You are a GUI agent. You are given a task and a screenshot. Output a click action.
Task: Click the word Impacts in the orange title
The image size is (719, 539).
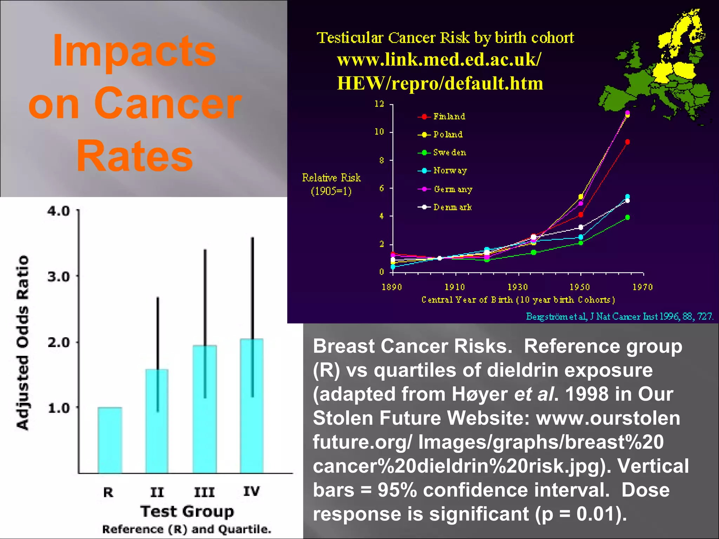click(134, 51)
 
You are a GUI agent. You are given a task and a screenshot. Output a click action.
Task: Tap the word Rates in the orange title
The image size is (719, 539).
click(134, 156)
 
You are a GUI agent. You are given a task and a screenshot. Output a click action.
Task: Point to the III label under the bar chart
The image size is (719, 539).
click(204, 492)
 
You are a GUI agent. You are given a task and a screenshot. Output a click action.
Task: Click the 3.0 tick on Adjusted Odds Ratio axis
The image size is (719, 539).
click(59, 277)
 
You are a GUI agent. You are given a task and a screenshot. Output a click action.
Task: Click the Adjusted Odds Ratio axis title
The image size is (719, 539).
click(23, 342)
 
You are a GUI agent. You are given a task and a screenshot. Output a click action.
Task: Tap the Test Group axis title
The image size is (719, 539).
click(187, 511)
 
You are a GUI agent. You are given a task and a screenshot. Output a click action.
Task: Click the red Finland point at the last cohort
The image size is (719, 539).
click(627, 142)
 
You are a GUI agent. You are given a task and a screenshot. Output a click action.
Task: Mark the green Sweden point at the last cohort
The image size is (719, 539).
click(627, 218)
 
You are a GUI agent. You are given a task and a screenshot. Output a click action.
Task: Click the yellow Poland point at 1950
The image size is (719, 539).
click(581, 196)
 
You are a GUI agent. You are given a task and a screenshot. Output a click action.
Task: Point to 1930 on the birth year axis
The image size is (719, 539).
click(518, 287)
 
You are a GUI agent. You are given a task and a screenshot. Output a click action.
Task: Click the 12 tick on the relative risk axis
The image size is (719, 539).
click(379, 104)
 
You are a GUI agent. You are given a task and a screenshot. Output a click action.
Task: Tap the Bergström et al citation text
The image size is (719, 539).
click(619, 317)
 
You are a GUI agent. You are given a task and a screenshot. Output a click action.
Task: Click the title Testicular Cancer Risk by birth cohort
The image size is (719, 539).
click(445, 38)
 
